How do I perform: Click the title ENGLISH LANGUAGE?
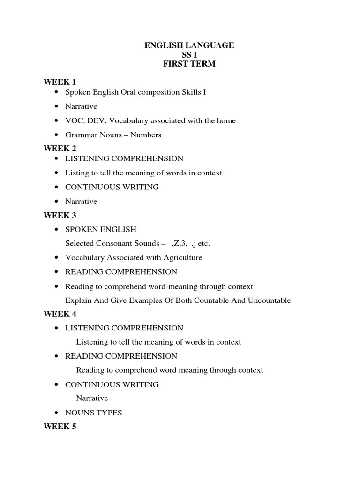tap(189, 45)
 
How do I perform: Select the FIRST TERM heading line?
tap(189, 64)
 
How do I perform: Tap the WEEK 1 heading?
tap(60, 82)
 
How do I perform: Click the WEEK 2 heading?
tap(60, 149)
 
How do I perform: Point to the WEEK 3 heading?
tap(60, 215)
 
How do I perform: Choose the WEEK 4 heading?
tap(60, 314)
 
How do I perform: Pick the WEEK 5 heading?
tap(60, 427)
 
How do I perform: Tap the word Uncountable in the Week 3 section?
tap(270, 300)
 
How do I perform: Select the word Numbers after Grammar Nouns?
tap(146, 135)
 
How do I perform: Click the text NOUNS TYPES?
tap(93, 413)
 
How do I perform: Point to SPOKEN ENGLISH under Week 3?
tap(101, 230)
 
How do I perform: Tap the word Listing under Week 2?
tap(76, 173)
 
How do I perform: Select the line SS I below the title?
tap(189, 55)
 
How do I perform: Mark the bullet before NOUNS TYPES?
tap(57, 413)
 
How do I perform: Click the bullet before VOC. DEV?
tap(57, 121)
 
